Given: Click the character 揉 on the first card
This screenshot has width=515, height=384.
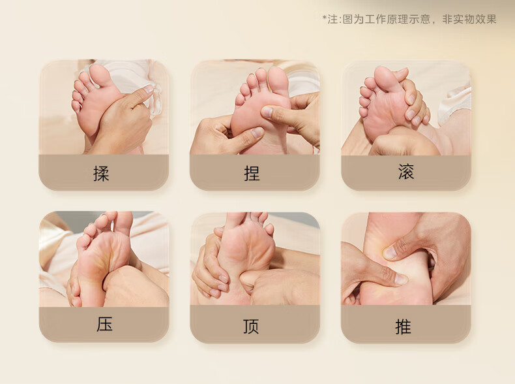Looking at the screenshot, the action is pyautogui.click(x=101, y=173).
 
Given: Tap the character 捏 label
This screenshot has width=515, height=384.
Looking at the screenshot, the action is pyautogui.click(x=252, y=173).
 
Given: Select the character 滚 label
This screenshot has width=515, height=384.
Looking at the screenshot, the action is pyautogui.click(x=406, y=172).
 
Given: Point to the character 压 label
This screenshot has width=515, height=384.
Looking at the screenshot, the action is pyautogui.click(x=104, y=324).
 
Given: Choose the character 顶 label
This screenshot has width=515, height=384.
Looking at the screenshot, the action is pyautogui.click(x=251, y=327).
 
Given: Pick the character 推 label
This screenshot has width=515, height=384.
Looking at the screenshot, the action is pyautogui.click(x=403, y=327).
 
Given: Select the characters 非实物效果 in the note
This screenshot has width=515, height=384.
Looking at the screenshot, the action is pyautogui.click(x=469, y=19).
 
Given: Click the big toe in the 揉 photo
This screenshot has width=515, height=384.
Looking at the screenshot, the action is pyautogui.click(x=100, y=74).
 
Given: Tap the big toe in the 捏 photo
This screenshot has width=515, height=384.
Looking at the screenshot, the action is pyautogui.click(x=278, y=80).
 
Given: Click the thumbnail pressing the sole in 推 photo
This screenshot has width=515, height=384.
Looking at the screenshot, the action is pyautogui.click(x=390, y=252).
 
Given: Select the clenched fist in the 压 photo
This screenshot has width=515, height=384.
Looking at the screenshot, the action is pyautogui.click(x=136, y=285).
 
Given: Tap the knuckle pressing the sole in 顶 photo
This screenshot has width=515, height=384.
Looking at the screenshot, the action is pyautogui.click(x=248, y=280).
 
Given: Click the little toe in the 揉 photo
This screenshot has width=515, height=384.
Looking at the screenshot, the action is pyautogui.click(x=76, y=105).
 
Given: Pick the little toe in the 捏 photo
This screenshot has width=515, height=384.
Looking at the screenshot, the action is pyautogui.click(x=239, y=100).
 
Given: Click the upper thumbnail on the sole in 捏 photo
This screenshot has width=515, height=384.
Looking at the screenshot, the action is pyautogui.click(x=267, y=112).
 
